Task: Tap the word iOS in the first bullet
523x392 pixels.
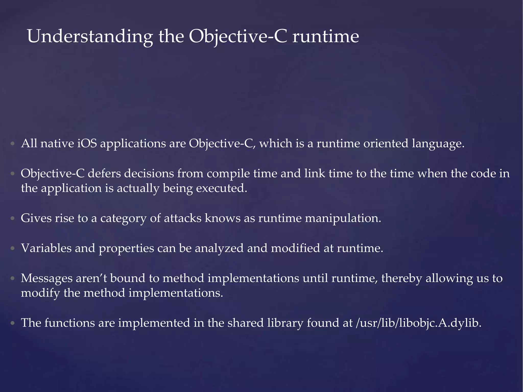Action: [x=87, y=143]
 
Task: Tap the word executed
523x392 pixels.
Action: [x=221, y=188]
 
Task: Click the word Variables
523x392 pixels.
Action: [x=46, y=248]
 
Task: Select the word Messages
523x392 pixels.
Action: [x=46, y=278]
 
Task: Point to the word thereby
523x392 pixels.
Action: [x=402, y=278]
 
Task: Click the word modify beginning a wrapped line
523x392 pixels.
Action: [x=40, y=293]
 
